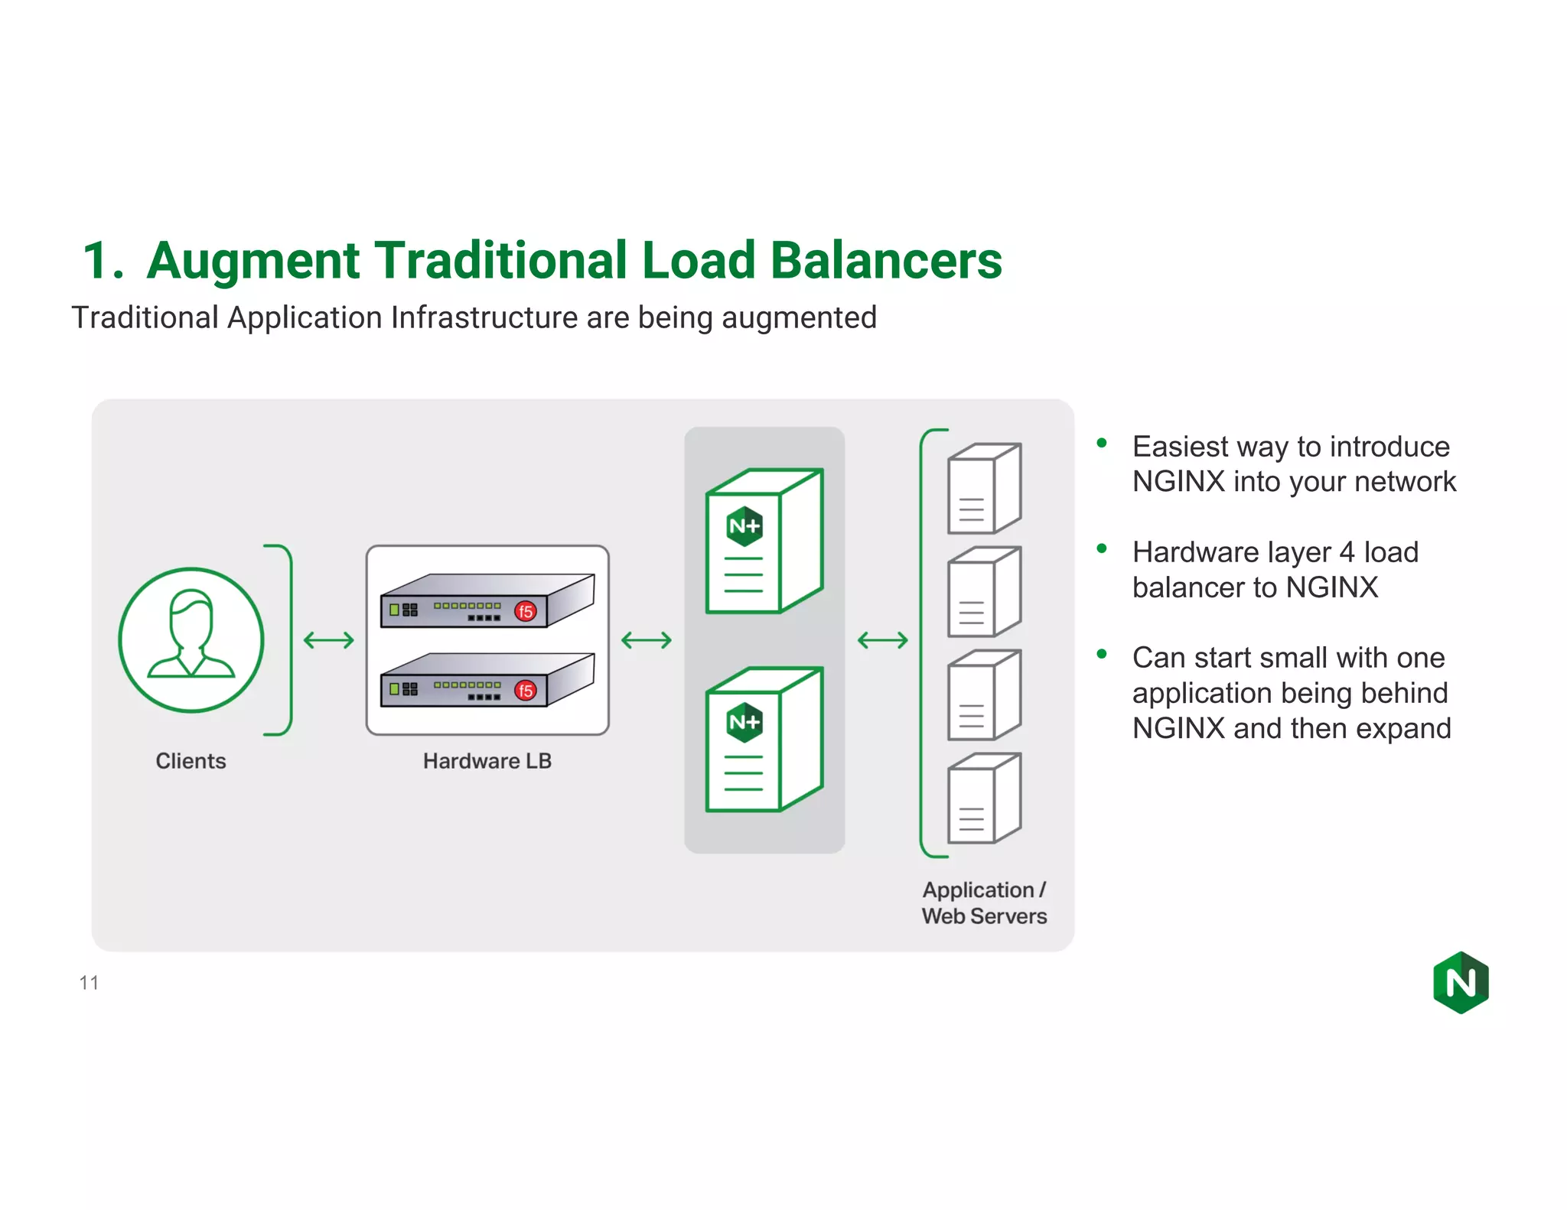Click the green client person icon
(x=191, y=639)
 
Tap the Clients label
(x=191, y=761)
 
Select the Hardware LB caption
(x=487, y=761)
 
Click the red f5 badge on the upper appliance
(x=525, y=611)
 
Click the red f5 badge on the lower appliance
(x=525, y=691)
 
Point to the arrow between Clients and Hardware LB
(x=329, y=639)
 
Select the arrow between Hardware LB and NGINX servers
(x=647, y=639)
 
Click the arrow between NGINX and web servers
(x=882, y=639)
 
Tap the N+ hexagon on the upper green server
(x=744, y=525)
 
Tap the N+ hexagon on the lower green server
(x=744, y=722)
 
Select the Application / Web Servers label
(x=984, y=903)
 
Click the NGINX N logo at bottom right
(x=1461, y=983)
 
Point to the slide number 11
(x=89, y=983)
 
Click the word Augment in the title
(x=252, y=262)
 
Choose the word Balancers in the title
(x=886, y=262)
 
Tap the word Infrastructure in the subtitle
(x=485, y=317)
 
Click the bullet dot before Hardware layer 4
(x=1102, y=548)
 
